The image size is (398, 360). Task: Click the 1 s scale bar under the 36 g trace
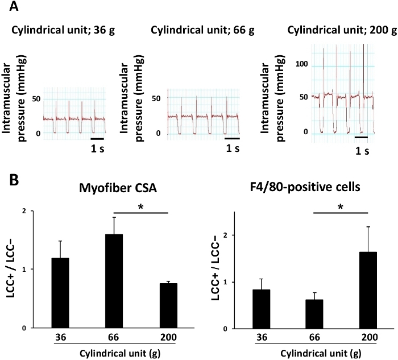(97, 138)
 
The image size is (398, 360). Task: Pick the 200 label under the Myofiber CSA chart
(152, 337)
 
